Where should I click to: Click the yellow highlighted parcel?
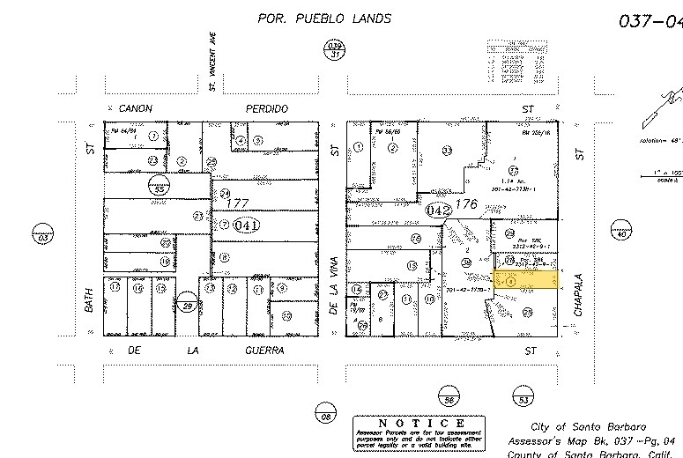click(x=527, y=281)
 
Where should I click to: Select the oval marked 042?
click(x=439, y=211)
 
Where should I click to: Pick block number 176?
click(x=465, y=204)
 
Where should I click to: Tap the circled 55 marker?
click(x=160, y=188)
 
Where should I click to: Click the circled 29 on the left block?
click(x=187, y=306)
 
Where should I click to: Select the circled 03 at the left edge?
click(x=42, y=235)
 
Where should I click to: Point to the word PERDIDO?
click(x=268, y=108)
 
